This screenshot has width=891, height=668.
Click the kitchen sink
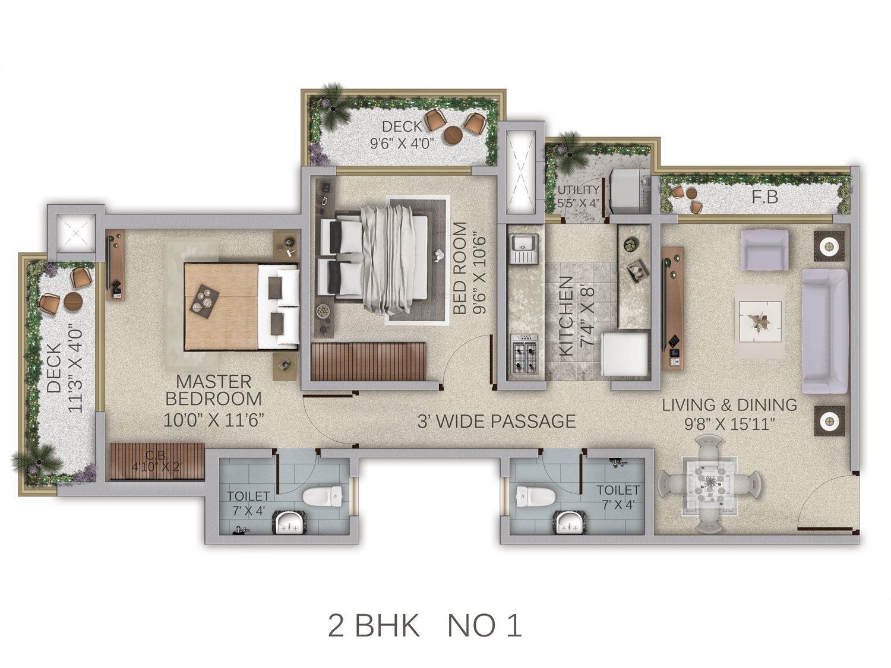525,249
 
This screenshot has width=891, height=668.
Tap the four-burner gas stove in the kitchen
525,354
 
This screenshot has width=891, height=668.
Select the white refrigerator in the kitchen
624,354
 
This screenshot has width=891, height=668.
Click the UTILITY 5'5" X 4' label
578,197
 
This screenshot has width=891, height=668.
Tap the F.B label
764,197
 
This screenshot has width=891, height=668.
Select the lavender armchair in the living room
764,250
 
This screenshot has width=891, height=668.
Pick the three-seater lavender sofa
825,331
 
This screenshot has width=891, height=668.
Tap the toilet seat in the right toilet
536,496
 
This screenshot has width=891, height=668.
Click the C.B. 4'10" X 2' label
156,461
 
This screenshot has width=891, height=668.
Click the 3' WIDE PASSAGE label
497,422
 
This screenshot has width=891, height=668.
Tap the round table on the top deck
453,135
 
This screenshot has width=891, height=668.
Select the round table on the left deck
74,302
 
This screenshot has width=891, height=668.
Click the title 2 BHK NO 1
425,626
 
